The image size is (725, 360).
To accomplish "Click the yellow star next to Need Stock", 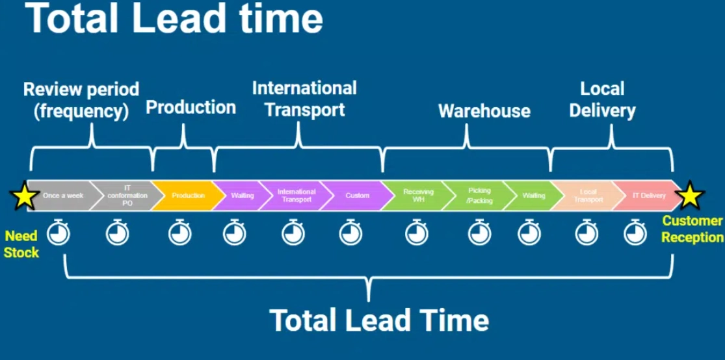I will tap(24, 196).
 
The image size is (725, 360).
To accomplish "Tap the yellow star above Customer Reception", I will tap(690, 196).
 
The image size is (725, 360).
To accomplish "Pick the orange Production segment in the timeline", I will tap(187, 196).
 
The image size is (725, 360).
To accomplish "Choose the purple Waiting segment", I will tap(241, 196).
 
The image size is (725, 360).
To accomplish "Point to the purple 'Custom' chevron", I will tap(356, 196).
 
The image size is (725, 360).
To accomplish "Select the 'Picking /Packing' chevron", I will tap(478, 196).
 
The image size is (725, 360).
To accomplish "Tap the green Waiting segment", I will tap(533, 196).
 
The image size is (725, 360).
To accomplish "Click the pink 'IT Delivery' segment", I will tap(648, 196).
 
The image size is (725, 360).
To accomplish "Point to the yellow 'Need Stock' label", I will tap(21, 244).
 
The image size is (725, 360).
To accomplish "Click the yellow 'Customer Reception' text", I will tap(692, 229).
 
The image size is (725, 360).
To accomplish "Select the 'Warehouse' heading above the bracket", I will tap(484, 111).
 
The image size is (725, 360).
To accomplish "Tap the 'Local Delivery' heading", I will tap(602, 99).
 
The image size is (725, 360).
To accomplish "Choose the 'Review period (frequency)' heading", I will tap(81, 99).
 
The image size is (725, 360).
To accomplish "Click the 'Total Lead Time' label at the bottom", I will tap(379, 320).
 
